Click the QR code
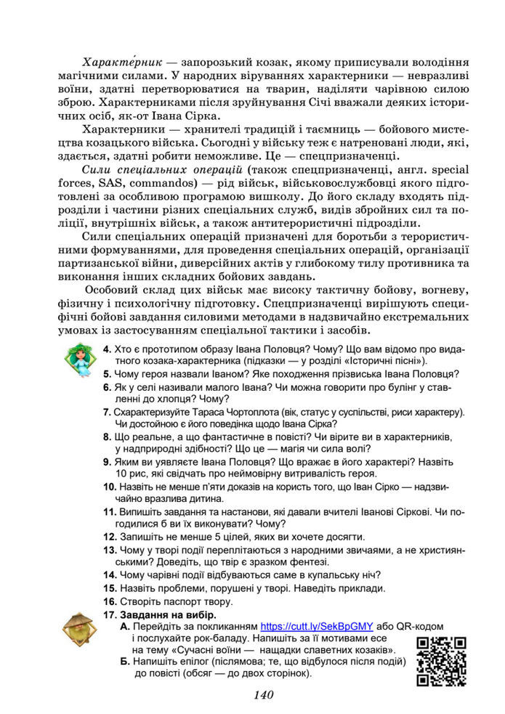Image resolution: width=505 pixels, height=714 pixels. [x=441, y=660]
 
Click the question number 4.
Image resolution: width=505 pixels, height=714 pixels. [x=107, y=349]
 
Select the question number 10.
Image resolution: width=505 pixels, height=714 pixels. [x=110, y=486]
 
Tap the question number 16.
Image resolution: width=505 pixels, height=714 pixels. [x=110, y=601]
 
